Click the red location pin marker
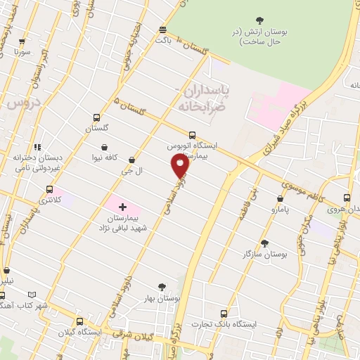180,165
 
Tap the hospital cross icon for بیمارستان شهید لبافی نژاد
123,207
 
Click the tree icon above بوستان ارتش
261,20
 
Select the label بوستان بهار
160,298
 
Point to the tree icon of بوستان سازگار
264,243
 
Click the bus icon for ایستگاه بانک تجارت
224,314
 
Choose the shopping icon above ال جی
131,160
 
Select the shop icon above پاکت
163,30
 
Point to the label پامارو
269,210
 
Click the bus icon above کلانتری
49,189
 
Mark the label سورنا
23,51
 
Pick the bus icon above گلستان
96,117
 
